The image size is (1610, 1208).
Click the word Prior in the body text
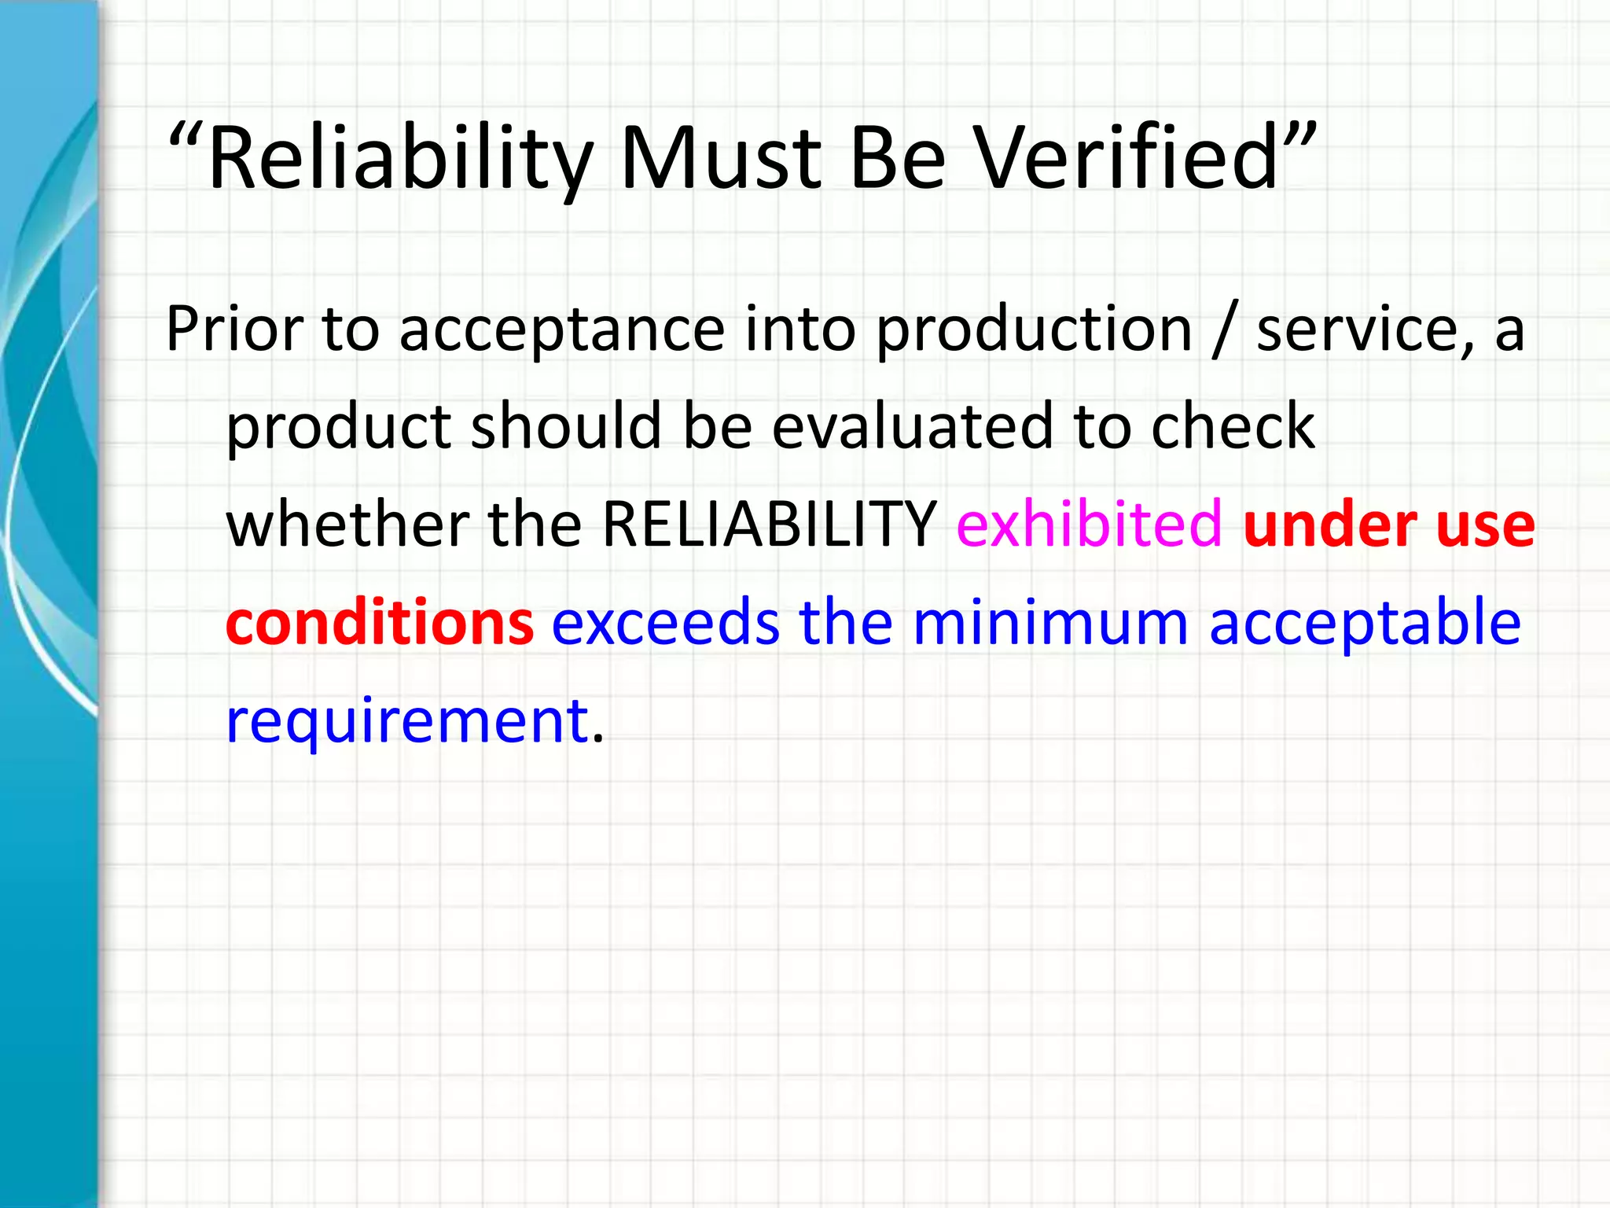(x=234, y=329)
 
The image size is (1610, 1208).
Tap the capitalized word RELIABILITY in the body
(x=769, y=524)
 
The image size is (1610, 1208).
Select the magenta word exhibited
(x=1090, y=524)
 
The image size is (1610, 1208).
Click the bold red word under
(x=1329, y=525)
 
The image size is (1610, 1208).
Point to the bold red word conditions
(x=380, y=622)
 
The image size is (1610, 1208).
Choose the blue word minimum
(x=1050, y=622)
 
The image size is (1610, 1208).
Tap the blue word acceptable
(x=1365, y=622)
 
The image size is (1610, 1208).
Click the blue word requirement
(x=407, y=720)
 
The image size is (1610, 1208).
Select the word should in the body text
(x=566, y=426)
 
